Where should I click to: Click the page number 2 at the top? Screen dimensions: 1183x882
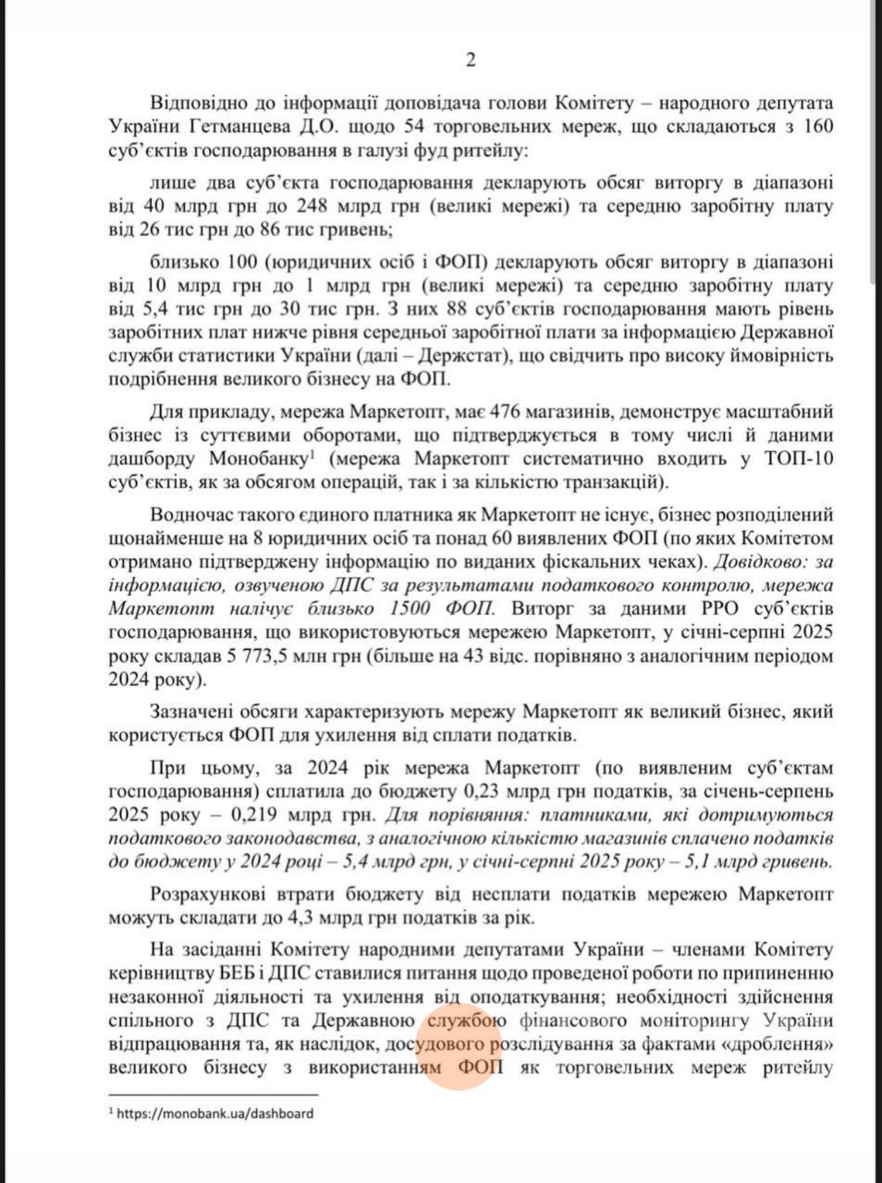pyautogui.click(x=470, y=61)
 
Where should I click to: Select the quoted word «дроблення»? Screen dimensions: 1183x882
pyautogui.click(x=772, y=1044)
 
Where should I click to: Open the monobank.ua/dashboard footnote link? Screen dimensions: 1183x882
pyautogui.click(x=215, y=1114)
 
